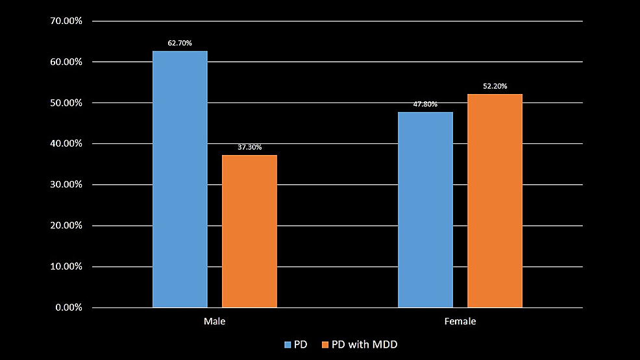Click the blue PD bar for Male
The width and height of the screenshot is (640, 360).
[180, 179]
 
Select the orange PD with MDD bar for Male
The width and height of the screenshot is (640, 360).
[249, 231]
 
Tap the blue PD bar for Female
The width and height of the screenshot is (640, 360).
[425, 210]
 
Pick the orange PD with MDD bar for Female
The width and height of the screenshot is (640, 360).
[495, 200]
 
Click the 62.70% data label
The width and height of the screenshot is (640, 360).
[180, 43]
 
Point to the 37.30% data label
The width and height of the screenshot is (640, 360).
[250, 147]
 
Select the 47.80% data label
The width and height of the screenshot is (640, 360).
[425, 104]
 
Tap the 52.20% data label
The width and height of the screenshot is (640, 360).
[495, 86]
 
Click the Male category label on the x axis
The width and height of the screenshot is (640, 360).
[215, 322]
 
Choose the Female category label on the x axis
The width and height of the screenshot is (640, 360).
[460, 322]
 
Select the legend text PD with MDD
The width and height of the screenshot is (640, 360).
[364, 344]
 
